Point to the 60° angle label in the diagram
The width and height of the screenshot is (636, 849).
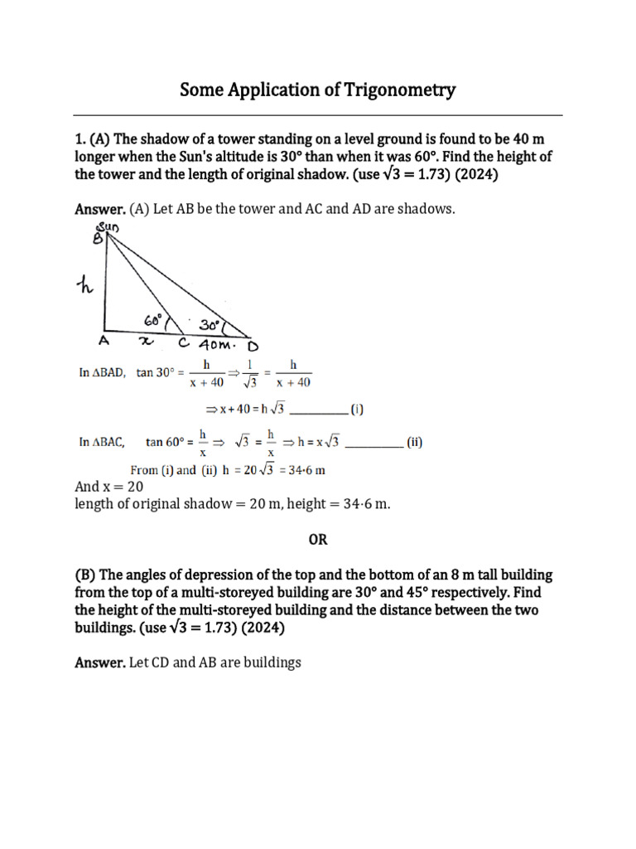(156, 321)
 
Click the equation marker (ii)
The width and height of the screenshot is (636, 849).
(413, 443)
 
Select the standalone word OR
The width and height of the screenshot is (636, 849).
(318, 540)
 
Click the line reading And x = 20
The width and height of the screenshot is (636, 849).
(109, 487)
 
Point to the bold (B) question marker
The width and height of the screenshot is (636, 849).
(85, 575)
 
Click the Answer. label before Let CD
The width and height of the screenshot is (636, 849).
(100, 663)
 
